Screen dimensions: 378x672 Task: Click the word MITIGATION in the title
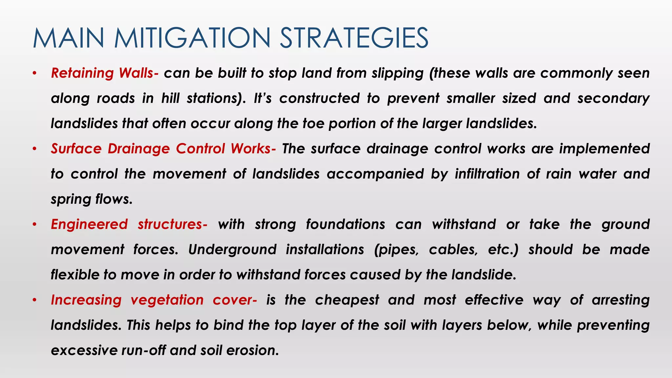tap(192, 38)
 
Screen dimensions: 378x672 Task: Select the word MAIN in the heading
tap(69, 38)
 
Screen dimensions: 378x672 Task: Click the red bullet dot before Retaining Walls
tap(34, 73)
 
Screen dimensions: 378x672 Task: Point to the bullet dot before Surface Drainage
tap(34, 149)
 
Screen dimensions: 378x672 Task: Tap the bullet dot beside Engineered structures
tap(34, 224)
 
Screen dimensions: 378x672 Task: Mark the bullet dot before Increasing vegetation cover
tap(34, 300)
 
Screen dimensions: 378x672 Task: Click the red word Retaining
tap(82, 73)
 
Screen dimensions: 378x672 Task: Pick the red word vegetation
tap(167, 300)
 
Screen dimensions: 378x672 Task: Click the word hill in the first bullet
tap(170, 98)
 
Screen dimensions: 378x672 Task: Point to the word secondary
tap(613, 98)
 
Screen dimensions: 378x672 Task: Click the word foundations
tap(346, 224)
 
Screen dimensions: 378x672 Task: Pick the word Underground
tap(232, 250)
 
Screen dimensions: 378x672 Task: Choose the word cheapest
tap(347, 300)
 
